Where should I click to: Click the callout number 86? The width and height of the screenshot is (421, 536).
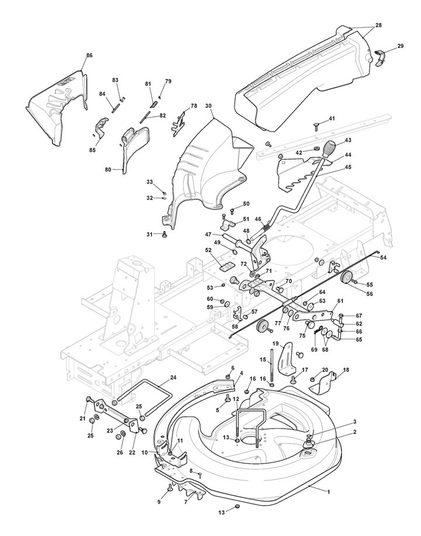(89, 55)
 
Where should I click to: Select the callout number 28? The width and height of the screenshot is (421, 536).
(378, 25)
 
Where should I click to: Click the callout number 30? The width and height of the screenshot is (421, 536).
(209, 106)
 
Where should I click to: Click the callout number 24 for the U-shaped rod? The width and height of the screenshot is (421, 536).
(174, 378)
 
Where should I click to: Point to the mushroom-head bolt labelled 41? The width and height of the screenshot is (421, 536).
(316, 127)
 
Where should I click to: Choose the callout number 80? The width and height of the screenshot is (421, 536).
(108, 169)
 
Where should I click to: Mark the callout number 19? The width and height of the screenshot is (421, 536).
(275, 343)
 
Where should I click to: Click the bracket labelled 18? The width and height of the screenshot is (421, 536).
(323, 385)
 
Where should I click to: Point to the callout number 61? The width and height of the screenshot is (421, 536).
(340, 301)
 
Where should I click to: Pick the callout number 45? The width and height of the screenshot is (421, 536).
(348, 167)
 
